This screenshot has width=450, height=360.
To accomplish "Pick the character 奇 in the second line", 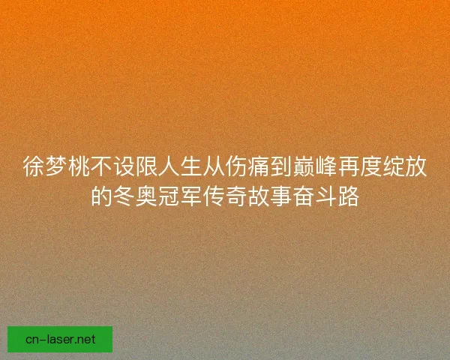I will coord(235,198).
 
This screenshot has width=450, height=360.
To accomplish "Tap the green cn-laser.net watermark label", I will coord(60,339).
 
